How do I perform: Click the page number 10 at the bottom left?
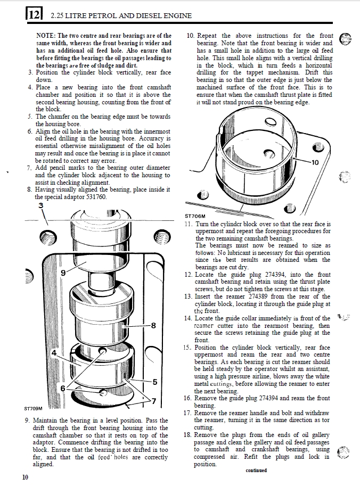pyautogui.click(x=26, y=477)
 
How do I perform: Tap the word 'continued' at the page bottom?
pyautogui.click(x=256, y=471)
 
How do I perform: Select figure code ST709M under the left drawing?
pyautogui.click(x=33, y=409)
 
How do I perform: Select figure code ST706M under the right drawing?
pyautogui.click(x=194, y=216)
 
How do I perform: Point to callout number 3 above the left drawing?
pyautogui.click(x=41, y=205)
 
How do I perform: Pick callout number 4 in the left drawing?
pyautogui.click(x=54, y=353)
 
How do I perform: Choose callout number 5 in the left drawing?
pyautogui.click(x=155, y=381)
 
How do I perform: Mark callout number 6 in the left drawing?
pyautogui.click(x=62, y=388)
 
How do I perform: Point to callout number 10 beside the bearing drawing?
pyautogui.click(x=314, y=162)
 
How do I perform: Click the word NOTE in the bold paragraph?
pyautogui.click(x=45, y=36)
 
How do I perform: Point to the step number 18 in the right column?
pyautogui.click(x=187, y=435)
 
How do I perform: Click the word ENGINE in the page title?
pyautogui.click(x=178, y=15)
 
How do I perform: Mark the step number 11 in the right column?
pyautogui.click(x=188, y=224)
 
